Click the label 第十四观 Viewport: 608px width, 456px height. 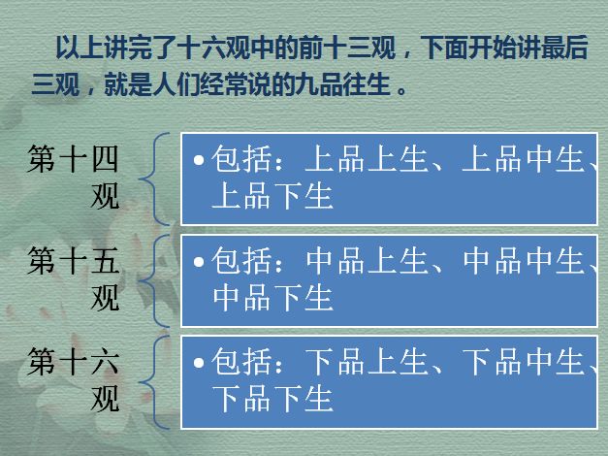(73, 177)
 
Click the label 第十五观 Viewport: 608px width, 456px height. (73, 278)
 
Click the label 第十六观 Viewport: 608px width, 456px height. (73, 379)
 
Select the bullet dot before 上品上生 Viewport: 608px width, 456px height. (199, 159)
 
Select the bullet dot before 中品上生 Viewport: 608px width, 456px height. (199, 261)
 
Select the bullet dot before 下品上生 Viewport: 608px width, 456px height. (199, 363)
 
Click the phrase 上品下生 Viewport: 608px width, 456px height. (272, 196)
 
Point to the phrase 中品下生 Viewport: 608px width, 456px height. (272, 298)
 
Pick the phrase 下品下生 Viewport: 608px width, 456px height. (272, 399)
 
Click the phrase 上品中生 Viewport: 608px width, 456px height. (523, 159)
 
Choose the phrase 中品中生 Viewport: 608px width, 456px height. (523, 260)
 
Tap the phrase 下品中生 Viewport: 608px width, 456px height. (523, 362)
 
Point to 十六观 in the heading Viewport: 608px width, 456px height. (214, 48)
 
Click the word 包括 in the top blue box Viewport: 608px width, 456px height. (241, 159)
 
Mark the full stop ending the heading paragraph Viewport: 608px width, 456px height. (402, 91)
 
